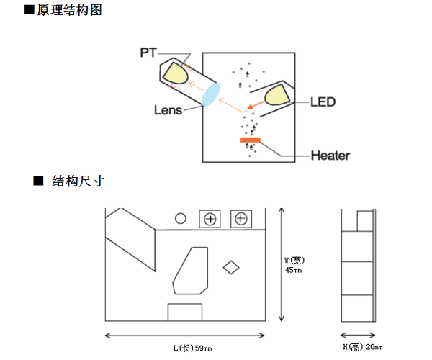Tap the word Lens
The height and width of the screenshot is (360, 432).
(x=167, y=111)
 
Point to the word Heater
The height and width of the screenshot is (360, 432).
(x=330, y=155)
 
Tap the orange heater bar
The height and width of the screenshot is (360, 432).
(x=251, y=140)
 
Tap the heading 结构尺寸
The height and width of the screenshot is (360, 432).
(x=78, y=181)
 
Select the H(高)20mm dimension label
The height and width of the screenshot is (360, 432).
(x=361, y=347)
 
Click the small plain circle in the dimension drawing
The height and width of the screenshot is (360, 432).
(x=181, y=217)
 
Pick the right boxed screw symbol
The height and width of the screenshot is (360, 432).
(x=240, y=219)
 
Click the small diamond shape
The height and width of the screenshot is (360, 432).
(x=231, y=267)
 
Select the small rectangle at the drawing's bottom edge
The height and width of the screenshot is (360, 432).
(x=185, y=312)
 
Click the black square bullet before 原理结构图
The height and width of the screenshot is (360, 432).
(x=30, y=10)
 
